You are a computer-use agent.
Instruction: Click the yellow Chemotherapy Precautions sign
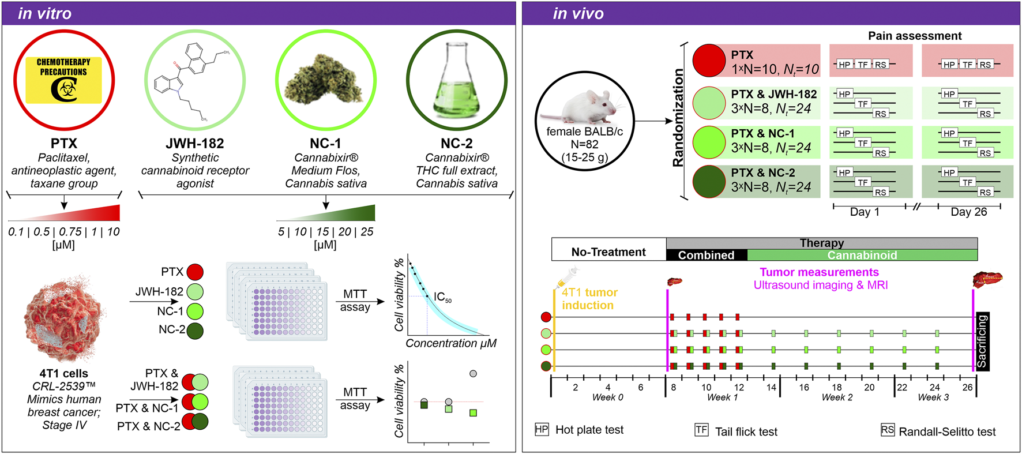click(x=63, y=80)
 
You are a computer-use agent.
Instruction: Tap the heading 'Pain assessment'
click(x=915, y=36)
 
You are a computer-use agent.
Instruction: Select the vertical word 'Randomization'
click(x=678, y=118)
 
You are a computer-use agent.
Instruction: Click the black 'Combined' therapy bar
click(x=706, y=255)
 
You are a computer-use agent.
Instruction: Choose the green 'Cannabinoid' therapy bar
click(x=862, y=255)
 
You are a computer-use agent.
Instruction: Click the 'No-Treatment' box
click(x=608, y=252)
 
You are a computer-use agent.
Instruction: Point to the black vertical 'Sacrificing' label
click(x=982, y=342)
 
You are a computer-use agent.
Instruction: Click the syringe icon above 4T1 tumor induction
click(x=567, y=277)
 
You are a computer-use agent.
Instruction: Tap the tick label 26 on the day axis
click(x=967, y=387)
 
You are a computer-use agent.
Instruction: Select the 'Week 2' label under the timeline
click(x=837, y=397)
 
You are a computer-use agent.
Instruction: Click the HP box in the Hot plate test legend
click(x=542, y=429)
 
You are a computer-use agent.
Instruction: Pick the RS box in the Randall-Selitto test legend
click(x=887, y=430)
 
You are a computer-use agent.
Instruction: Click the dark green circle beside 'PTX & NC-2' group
click(x=709, y=181)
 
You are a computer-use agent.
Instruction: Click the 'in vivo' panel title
click(x=578, y=13)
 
